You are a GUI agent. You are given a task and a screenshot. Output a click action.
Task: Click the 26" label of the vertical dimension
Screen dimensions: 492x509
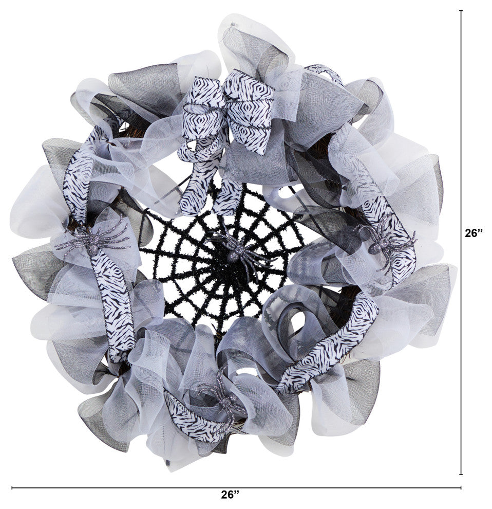(473, 233)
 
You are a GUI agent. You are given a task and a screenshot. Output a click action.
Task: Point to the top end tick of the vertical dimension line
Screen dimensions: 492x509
(461, 11)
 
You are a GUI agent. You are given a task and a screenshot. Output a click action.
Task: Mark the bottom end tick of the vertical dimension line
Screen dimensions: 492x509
(461, 474)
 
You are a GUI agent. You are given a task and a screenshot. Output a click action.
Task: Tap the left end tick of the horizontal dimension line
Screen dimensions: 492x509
(12, 487)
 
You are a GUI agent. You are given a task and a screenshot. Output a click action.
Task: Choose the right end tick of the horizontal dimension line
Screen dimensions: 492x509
(461, 487)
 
